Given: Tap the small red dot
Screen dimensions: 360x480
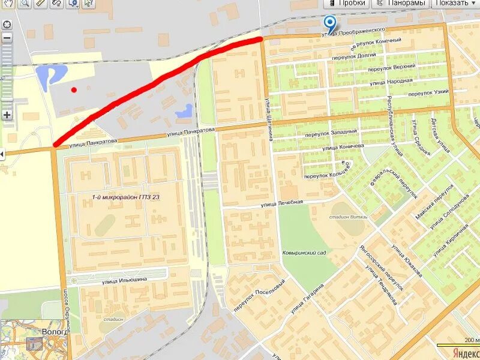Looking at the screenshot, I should [74, 90].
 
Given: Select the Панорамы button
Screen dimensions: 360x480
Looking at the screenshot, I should [400, 3].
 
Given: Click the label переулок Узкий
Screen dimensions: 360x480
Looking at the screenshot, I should [428, 94].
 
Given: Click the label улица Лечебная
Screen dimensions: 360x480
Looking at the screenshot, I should [282, 203].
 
